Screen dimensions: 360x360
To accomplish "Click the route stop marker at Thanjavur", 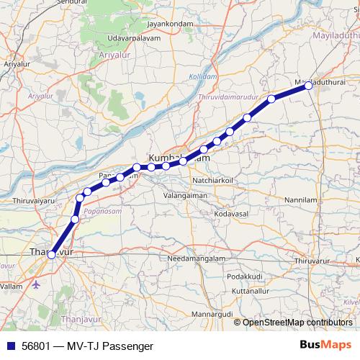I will (51, 254).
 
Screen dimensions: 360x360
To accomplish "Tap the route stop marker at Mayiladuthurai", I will (308, 85).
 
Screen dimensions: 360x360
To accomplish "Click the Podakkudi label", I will (244, 276).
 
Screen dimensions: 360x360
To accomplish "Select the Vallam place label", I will (13, 286).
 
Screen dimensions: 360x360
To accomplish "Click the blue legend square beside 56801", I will (9, 346).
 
